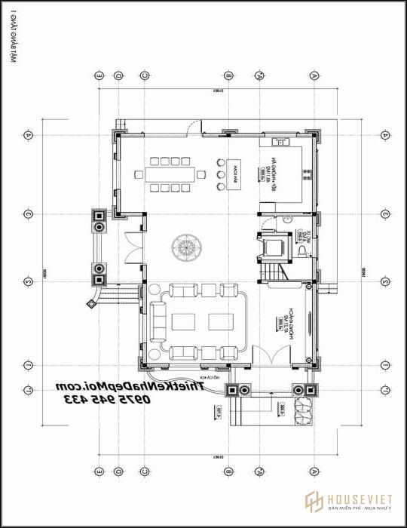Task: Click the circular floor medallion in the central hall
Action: coord(185,246)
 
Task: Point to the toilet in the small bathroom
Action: coord(300,250)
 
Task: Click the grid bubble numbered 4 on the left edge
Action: coord(28,135)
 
